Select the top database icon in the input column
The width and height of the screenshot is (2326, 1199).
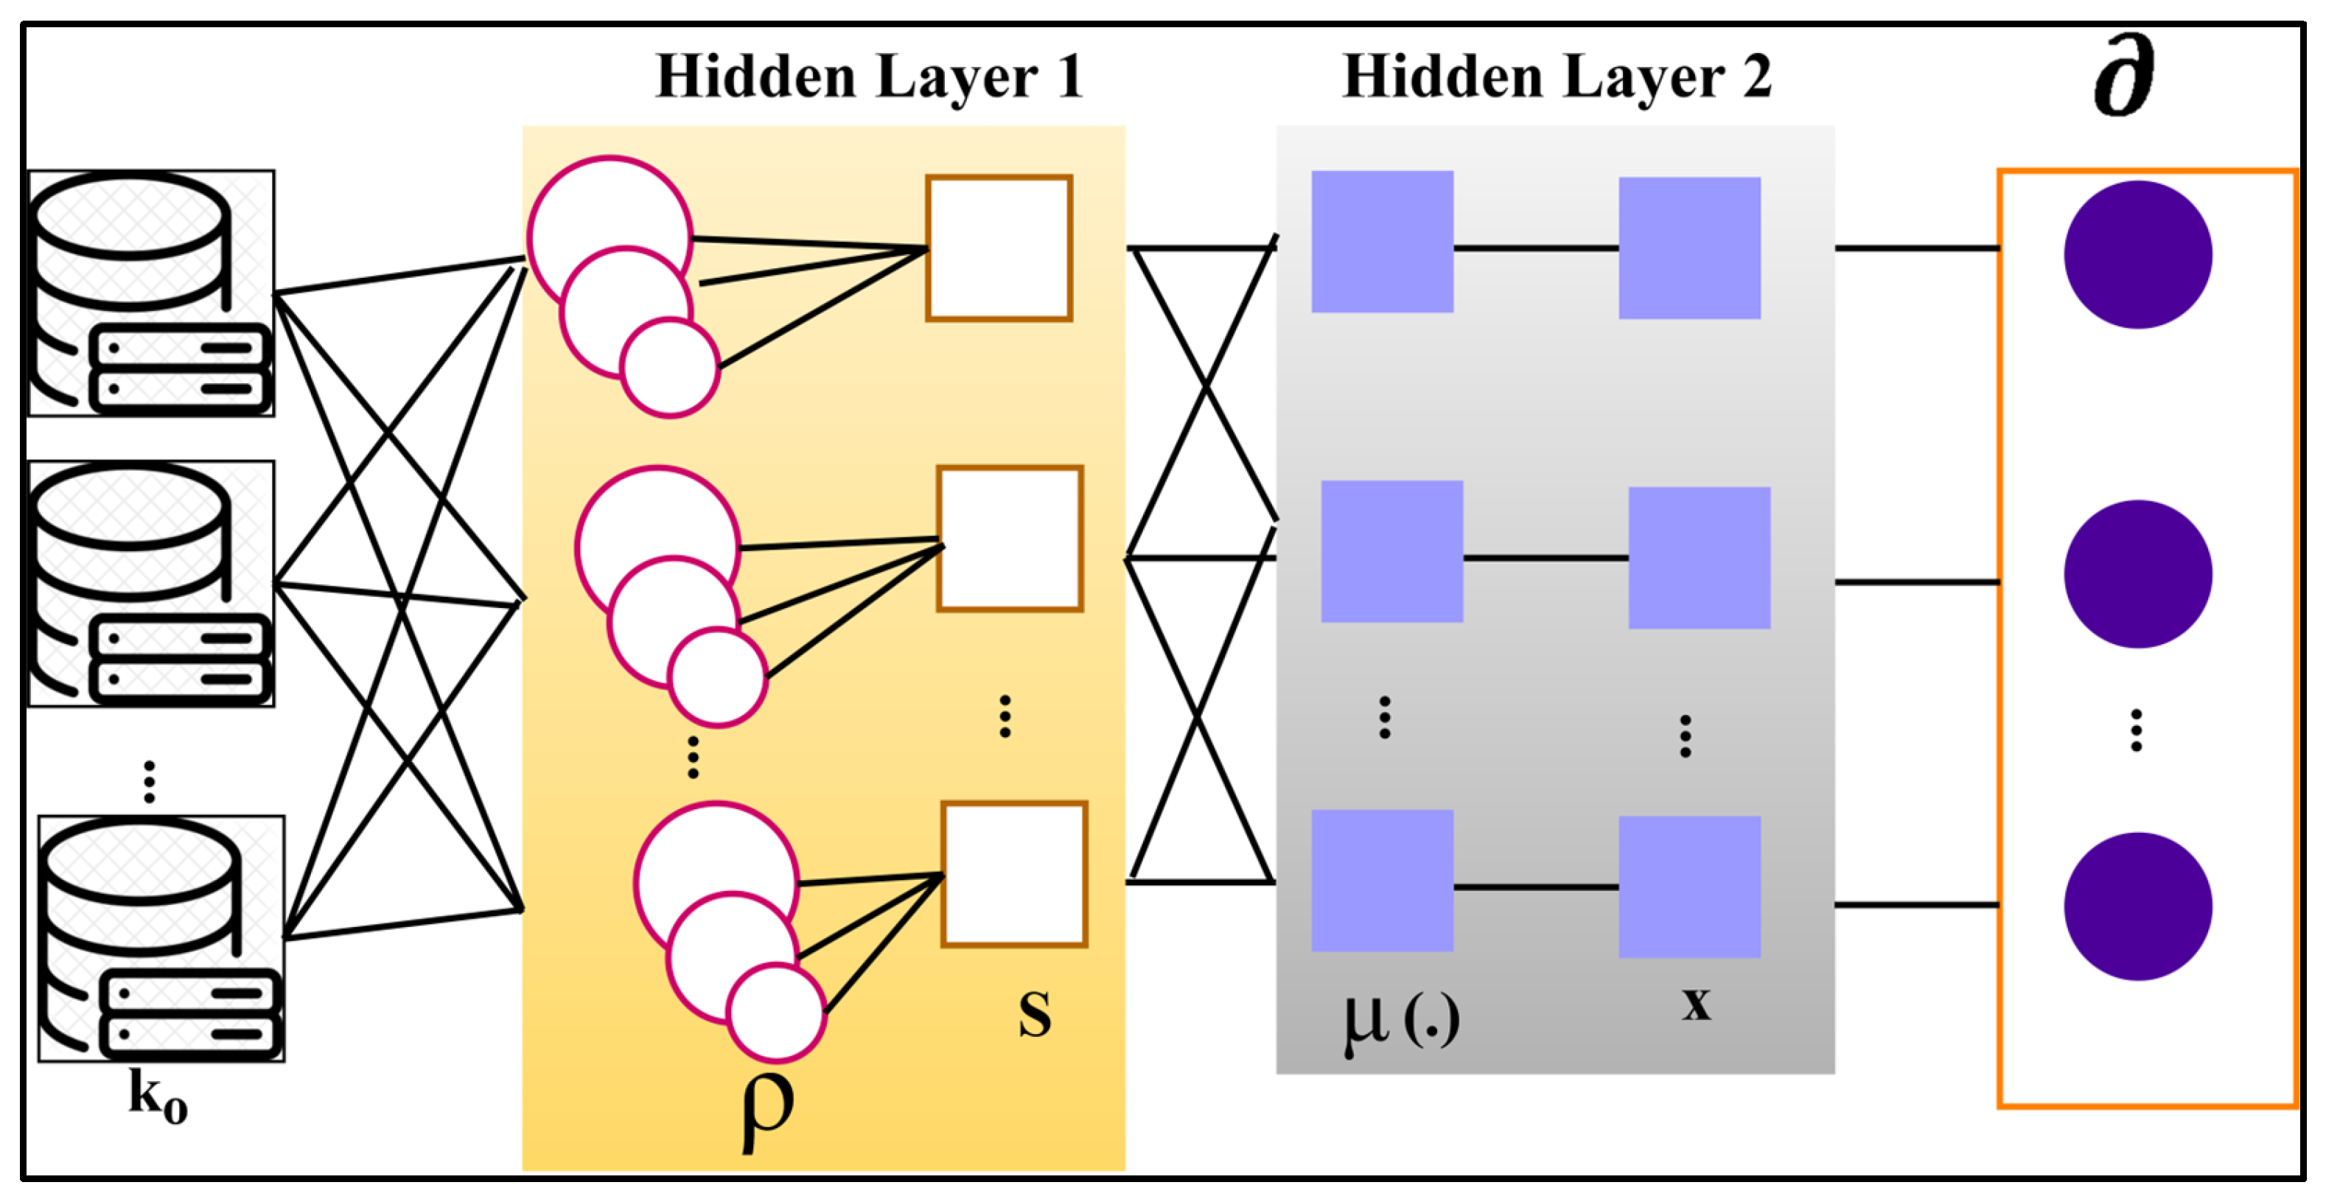pos(151,293)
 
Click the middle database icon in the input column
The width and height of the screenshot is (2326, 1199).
pos(151,583)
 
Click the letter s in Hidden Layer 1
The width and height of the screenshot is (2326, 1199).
pos(1035,1013)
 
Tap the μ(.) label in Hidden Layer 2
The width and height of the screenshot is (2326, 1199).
pos(1400,1022)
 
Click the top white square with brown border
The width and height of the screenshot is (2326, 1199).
pos(999,248)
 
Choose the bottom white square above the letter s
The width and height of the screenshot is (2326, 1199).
pos(1013,873)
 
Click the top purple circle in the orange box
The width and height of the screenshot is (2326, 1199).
pos(2137,254)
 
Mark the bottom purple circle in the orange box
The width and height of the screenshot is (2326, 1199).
pos(2137,906)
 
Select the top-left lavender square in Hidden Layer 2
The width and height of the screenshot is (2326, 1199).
pos(1381,241)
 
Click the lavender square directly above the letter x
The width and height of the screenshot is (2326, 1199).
pos(1688,886)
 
